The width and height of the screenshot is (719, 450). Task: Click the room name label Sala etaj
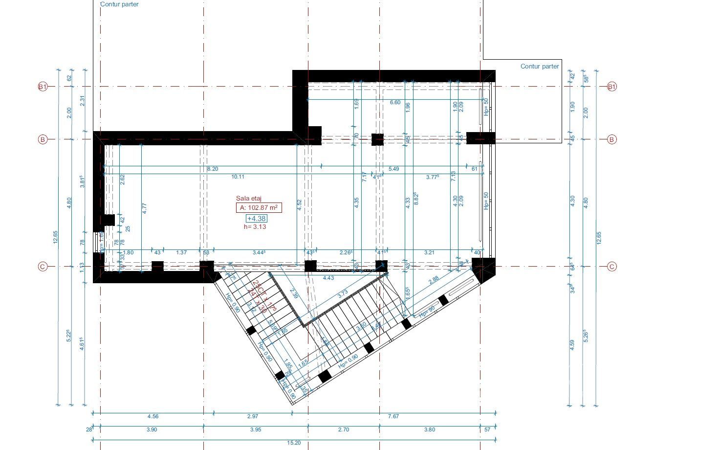[x=249, y=198]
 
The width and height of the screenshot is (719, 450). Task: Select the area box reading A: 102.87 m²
[x=259, y=207]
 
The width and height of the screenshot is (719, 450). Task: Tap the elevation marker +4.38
[x=257, y=219]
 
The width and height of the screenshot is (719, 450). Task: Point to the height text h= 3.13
[x=255, y=227]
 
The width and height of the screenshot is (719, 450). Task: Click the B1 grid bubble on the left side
[x=43, y=87]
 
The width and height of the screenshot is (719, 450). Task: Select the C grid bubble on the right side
[x=612, y=267]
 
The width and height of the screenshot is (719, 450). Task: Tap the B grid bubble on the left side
[x=43, y=139]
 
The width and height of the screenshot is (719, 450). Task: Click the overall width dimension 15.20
[x=294, y=443]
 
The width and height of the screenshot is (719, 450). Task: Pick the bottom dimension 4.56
[x=153, y=417]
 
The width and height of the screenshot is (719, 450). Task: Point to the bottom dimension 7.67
[x=393, y=417]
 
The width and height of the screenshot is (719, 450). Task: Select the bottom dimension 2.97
[x=253, y=417]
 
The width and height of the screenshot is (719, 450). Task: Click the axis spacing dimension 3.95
[x=256, y=430]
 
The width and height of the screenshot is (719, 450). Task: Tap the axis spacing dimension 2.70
[x=344, y=430]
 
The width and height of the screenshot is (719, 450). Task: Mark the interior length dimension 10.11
[x=238, y=177]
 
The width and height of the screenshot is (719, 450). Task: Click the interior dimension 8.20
[x=213, y=169]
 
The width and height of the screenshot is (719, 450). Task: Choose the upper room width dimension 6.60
[x=395, y=102]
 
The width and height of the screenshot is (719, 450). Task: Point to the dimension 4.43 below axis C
[x=328, y=278]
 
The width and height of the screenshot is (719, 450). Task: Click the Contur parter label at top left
[x=119, y=4]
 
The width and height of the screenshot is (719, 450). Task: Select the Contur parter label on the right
[x=540, y=67]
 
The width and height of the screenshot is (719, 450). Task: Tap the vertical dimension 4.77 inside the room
[x=145, y=207]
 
